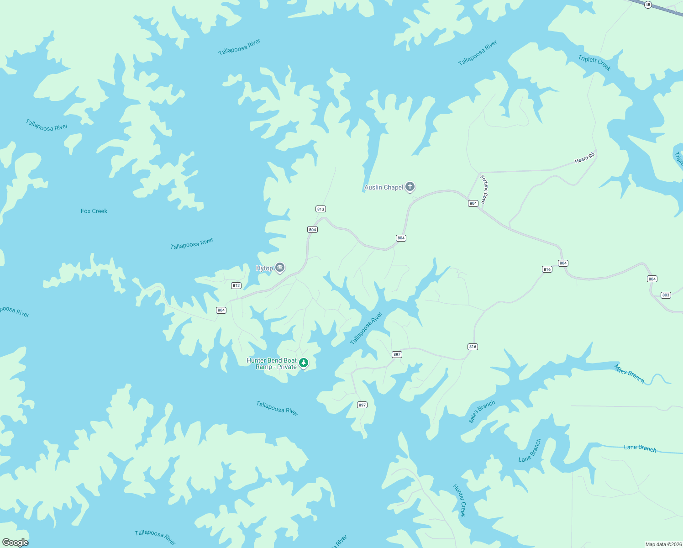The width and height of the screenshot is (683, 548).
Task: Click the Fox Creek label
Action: tap(94, 211)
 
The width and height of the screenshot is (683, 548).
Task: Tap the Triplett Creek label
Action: tap(594, 63)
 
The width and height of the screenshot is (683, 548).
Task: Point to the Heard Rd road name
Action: tap(584, 158)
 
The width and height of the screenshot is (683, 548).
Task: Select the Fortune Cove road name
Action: tap(484, 189)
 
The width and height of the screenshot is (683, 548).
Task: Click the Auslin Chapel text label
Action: tap(384, 187)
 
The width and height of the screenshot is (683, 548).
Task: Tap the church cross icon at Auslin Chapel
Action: tap(410, 186)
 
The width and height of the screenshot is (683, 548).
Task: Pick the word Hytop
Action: tap(264, 268)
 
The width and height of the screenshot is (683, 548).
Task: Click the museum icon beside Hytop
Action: tap(280, 268)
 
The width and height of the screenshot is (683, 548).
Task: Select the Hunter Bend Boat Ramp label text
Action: tap(272, 364)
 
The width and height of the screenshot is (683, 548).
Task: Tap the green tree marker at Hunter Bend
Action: tap(303, 363)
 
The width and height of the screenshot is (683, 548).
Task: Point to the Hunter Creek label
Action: tap(460, 501)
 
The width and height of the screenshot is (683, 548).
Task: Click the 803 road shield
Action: tap(666, 295)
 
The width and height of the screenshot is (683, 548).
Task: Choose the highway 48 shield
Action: tap(648, 5)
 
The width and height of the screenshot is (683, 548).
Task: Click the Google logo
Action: tap(15, 543)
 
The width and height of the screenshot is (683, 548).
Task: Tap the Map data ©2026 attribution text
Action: tap(663, 544)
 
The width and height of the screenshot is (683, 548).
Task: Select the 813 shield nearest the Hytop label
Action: tap(236, 285)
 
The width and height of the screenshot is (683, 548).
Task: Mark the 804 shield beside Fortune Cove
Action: tap(473, 203)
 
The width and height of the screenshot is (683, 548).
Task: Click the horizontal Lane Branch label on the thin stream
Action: tap(640, 448)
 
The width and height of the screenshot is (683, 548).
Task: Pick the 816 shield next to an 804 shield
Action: tap(547, 269)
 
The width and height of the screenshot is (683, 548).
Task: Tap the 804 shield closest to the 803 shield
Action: tap(652, 279)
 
